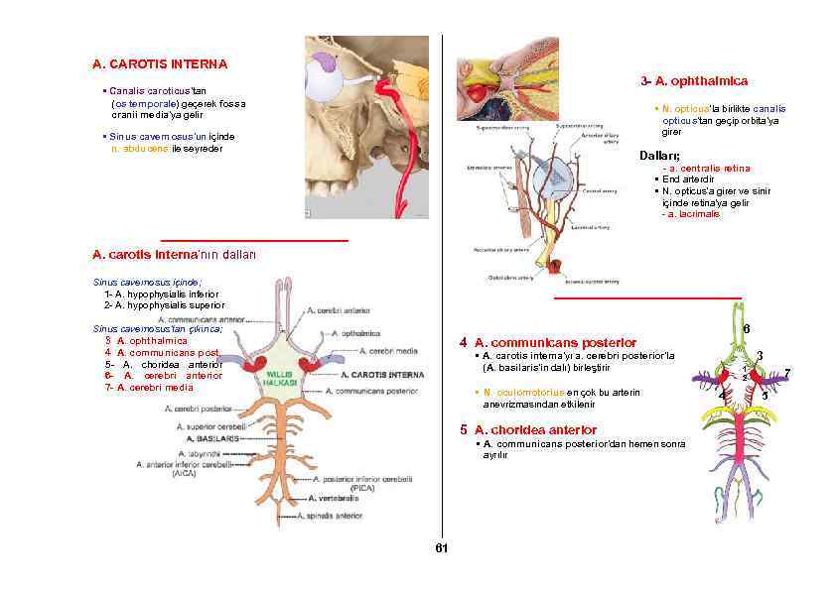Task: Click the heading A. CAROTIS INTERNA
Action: [x=160, y=64]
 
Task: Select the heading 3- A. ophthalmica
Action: [x=694, y=81]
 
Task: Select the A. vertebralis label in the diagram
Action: [x=335, y=499]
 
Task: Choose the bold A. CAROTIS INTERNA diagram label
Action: [x=382, y=376]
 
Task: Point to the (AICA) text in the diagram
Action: [x=184, y=474]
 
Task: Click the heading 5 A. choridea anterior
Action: [x=528, y=430]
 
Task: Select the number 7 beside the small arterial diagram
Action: [x=786, y=372]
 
